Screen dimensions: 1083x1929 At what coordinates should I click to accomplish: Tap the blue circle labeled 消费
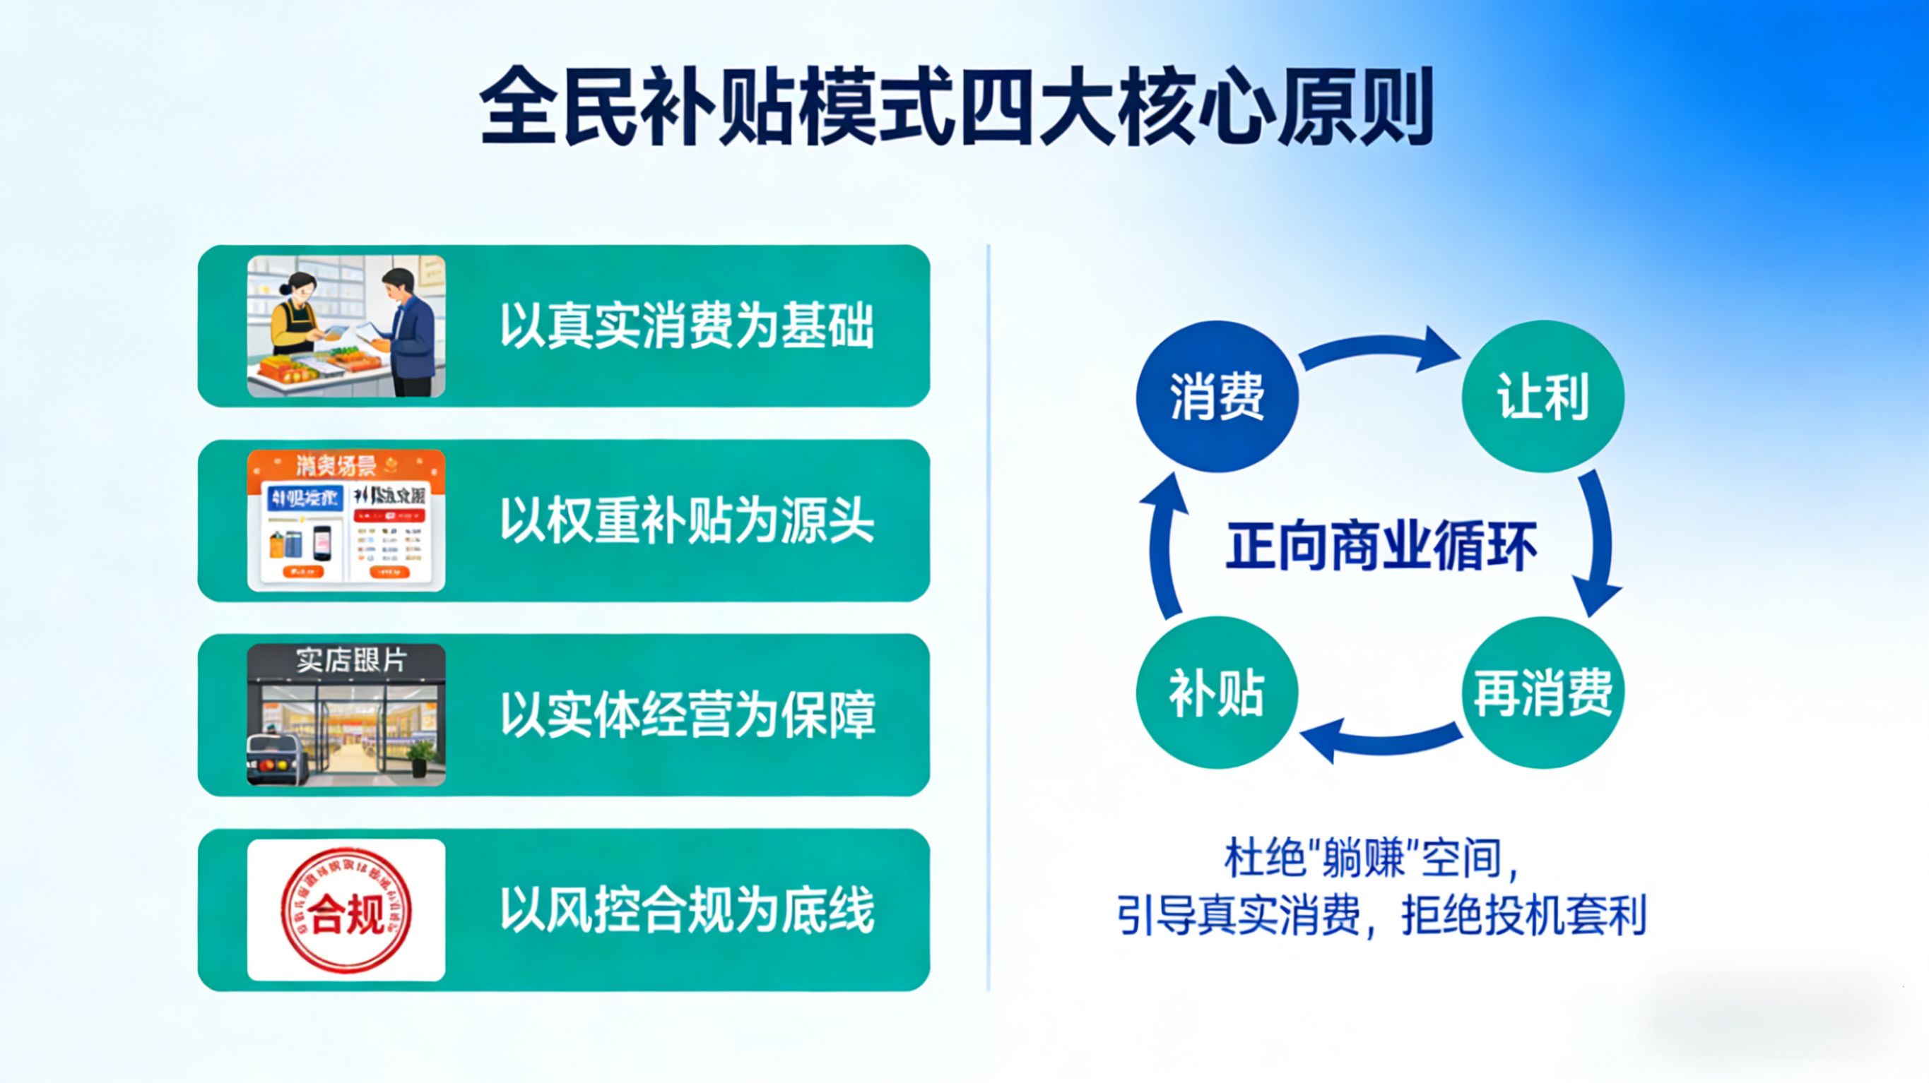pyautogui.click(x=1216, y=396)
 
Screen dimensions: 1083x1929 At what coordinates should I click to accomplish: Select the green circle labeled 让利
pyautogui.click(x=1542, y=396)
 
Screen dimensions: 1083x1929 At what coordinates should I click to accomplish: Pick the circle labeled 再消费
pyautogui.click(x=1542, y=693)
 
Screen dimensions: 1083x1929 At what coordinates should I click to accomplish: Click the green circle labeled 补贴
pyautogui.click(x=1216, y=693)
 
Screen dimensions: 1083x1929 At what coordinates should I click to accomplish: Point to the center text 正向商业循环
pyautogui.click(x=1381, y=546)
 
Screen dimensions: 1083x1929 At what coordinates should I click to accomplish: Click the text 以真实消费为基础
pyautogui.click(x=687, y=326)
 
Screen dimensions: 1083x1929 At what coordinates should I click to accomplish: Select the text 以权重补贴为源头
pyautogui.click(x=687, y=521)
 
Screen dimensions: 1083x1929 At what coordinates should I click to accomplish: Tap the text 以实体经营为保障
pyautogui.click(x=687, y=715)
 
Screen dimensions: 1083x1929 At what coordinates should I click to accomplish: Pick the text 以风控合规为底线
pyautogui.click(x=687, y=910)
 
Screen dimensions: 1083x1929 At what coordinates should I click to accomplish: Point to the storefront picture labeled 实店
pyautogui.click(x=346, y=714)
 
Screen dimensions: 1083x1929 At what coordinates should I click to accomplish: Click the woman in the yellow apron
pyautogui.click(x=296, y=318)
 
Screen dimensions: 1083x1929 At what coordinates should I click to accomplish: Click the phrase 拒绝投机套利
pyautogui.click(x=1523, y=914)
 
